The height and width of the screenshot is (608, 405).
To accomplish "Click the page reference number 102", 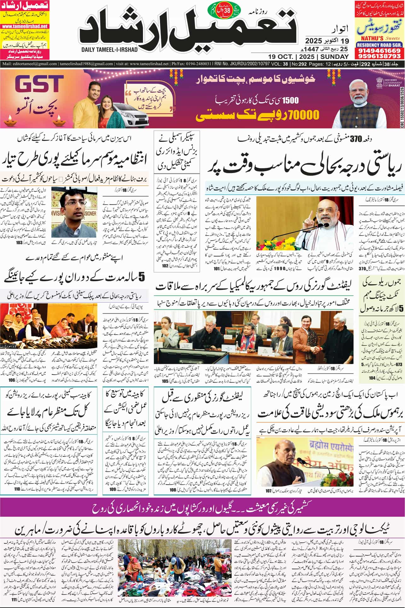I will [165, 266].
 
